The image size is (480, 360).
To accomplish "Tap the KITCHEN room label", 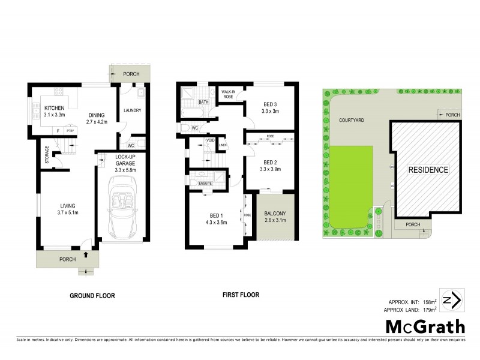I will click(55, 108).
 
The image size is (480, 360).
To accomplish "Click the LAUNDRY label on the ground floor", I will click(131, 111).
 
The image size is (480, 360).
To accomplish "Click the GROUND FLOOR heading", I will click(92, 295).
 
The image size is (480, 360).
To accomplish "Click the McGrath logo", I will click(424, 327).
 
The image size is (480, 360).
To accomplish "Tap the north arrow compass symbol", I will click(451, 299).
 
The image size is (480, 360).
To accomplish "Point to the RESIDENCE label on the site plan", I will click(428, 170).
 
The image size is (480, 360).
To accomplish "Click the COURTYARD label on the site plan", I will click(352, 119).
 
